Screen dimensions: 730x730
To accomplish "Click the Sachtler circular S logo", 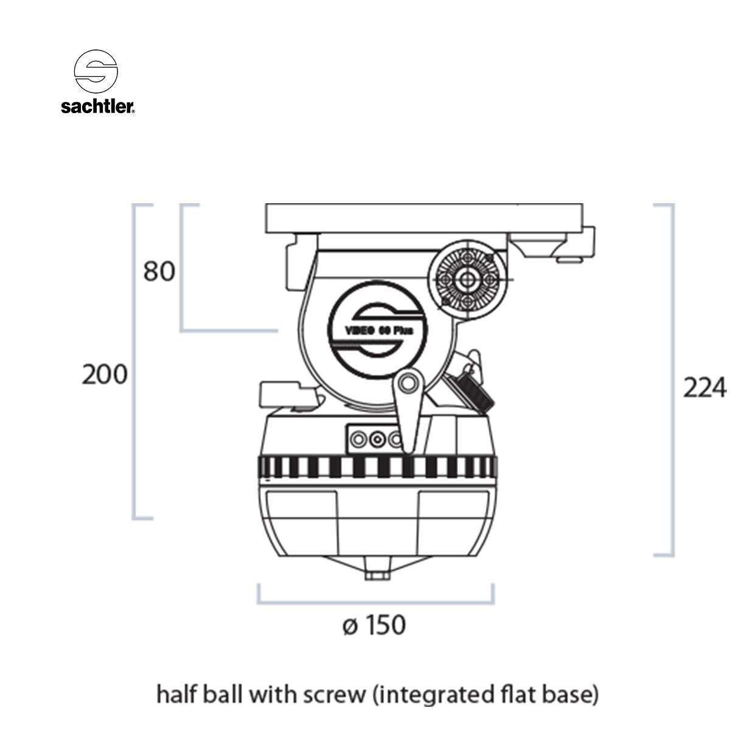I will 96,71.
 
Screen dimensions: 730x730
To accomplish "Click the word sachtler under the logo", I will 97,107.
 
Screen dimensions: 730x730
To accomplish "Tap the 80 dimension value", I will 159,271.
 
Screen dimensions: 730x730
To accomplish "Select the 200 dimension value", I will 105,374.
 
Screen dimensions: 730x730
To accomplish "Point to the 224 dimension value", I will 704,388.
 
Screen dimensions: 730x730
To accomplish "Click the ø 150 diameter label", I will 374,625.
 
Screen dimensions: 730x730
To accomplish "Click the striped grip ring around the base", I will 377,467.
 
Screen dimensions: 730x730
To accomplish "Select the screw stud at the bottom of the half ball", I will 377,574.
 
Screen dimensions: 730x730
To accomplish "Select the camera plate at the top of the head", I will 425,217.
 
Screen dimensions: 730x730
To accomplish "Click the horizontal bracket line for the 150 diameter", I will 375,603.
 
